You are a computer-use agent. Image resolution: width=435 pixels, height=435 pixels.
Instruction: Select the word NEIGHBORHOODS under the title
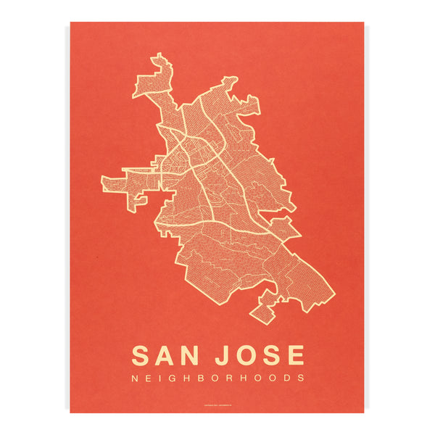(x=217, y=378)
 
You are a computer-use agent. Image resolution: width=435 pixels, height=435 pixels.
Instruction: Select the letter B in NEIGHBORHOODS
(x=207, y=378)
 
